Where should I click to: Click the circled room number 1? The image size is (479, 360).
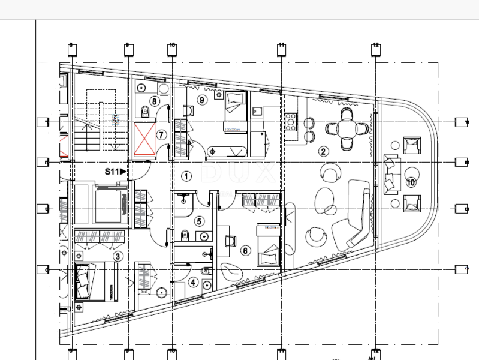pos(186,176)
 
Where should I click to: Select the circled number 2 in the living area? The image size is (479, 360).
pos(323,151)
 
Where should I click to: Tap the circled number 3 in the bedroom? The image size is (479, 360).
pos(118,256)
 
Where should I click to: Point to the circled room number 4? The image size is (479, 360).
pos(192,281)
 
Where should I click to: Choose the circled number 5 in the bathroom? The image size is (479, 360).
pos(199,221)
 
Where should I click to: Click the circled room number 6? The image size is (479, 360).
pos(245,251)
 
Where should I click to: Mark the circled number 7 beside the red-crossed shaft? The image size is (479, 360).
pos(161,135)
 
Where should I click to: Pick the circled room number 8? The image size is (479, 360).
pos(154,101)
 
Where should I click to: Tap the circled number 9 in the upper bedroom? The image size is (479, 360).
pos(202,100)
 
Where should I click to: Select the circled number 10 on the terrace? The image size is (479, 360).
pos(411,182)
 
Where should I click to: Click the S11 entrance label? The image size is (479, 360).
pos(115,172)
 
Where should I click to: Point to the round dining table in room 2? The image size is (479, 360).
pos(347,128)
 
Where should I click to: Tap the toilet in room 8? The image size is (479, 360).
pos(145,110)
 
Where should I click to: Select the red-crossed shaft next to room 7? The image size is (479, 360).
pos(144,140)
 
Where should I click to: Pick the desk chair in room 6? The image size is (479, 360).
pos(231,241)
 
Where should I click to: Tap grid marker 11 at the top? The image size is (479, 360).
pos(281,50)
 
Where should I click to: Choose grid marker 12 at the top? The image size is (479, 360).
pos(376,50)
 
